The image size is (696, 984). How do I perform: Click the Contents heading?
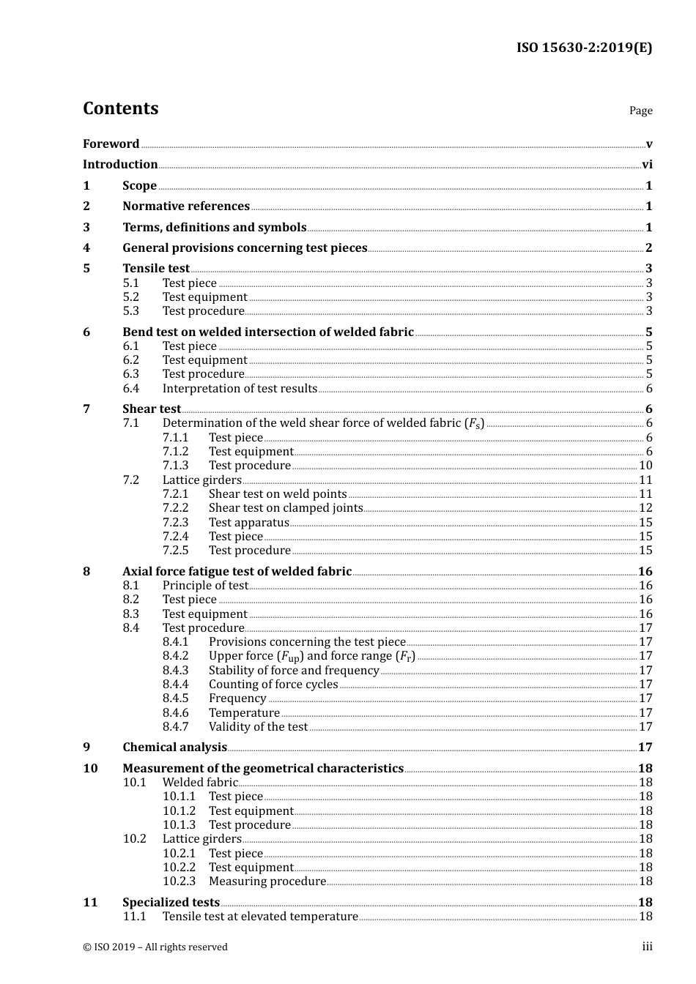120,108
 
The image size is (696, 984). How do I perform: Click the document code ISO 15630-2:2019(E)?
584,48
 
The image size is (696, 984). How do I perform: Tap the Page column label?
640,111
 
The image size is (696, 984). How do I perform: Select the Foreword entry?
111,144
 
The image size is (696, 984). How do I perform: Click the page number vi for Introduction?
647,165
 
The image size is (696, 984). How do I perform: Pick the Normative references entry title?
186,206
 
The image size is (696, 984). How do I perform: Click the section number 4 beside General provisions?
86,248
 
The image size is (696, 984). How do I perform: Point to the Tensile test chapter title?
156,269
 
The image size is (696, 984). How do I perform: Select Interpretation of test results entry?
240,389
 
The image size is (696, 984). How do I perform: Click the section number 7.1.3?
175,466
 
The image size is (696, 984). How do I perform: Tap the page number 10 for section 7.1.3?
645,466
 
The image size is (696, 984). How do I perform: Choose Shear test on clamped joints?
286,508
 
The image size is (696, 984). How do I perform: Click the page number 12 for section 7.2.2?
645,508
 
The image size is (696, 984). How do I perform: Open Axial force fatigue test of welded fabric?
237,572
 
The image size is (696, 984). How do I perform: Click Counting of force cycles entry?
273,685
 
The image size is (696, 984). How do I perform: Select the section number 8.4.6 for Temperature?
175,713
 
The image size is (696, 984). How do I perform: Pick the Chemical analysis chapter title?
174,748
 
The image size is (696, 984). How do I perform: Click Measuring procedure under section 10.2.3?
267,881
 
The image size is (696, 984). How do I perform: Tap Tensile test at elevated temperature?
260,917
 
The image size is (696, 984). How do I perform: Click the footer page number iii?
647,947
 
